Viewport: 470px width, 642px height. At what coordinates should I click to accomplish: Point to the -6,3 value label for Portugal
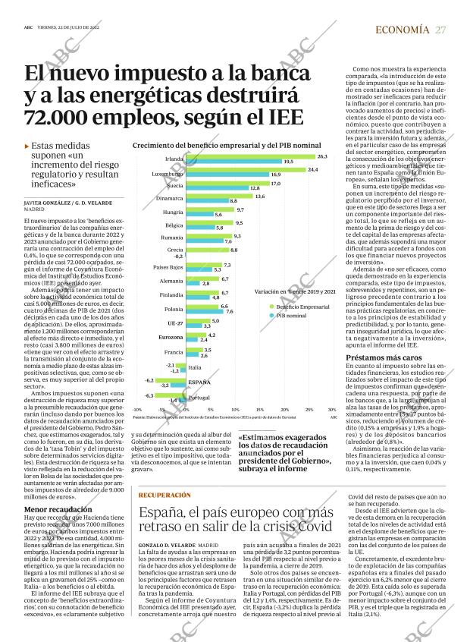pos(149,395)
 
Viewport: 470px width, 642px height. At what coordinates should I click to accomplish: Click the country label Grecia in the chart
pos(174,250)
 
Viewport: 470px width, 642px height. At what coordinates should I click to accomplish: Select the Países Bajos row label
pos(168,267)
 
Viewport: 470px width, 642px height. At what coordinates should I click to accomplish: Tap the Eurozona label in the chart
pos(171,336)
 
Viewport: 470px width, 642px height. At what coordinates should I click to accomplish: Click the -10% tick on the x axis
pos(137,409)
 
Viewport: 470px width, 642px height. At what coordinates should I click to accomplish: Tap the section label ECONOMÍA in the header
pos(402,30)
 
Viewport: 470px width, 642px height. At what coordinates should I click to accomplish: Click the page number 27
pos(440,30)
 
